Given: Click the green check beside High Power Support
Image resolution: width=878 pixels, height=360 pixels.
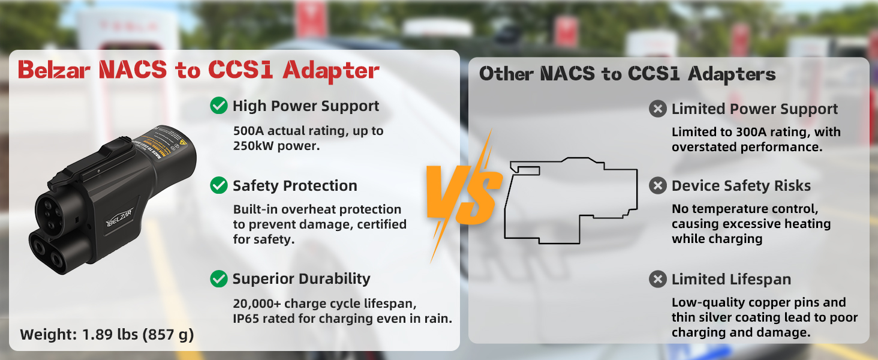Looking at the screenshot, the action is click(x=219, y=106).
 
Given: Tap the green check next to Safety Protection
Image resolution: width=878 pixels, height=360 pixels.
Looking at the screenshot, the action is click(x=219, y=185).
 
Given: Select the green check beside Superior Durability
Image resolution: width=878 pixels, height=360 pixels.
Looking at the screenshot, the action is click(x=219, y=279).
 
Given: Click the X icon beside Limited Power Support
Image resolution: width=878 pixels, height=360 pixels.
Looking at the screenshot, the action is click(x=658, y=109).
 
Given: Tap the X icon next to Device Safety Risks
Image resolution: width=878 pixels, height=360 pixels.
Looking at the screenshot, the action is click(x=658, y=185).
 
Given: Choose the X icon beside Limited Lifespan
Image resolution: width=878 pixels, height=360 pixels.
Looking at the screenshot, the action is click(x=658, y=279).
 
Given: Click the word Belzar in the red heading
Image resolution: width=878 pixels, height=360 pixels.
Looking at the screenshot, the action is click(x=54, y=70).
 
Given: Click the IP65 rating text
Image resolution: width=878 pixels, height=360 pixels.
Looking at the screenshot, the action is click(x=246, y=319).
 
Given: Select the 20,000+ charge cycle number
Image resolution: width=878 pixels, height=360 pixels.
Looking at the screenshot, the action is click(x=257, y=304).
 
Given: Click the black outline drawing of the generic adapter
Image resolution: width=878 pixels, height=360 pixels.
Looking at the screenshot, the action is click(x=571, y=200).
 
